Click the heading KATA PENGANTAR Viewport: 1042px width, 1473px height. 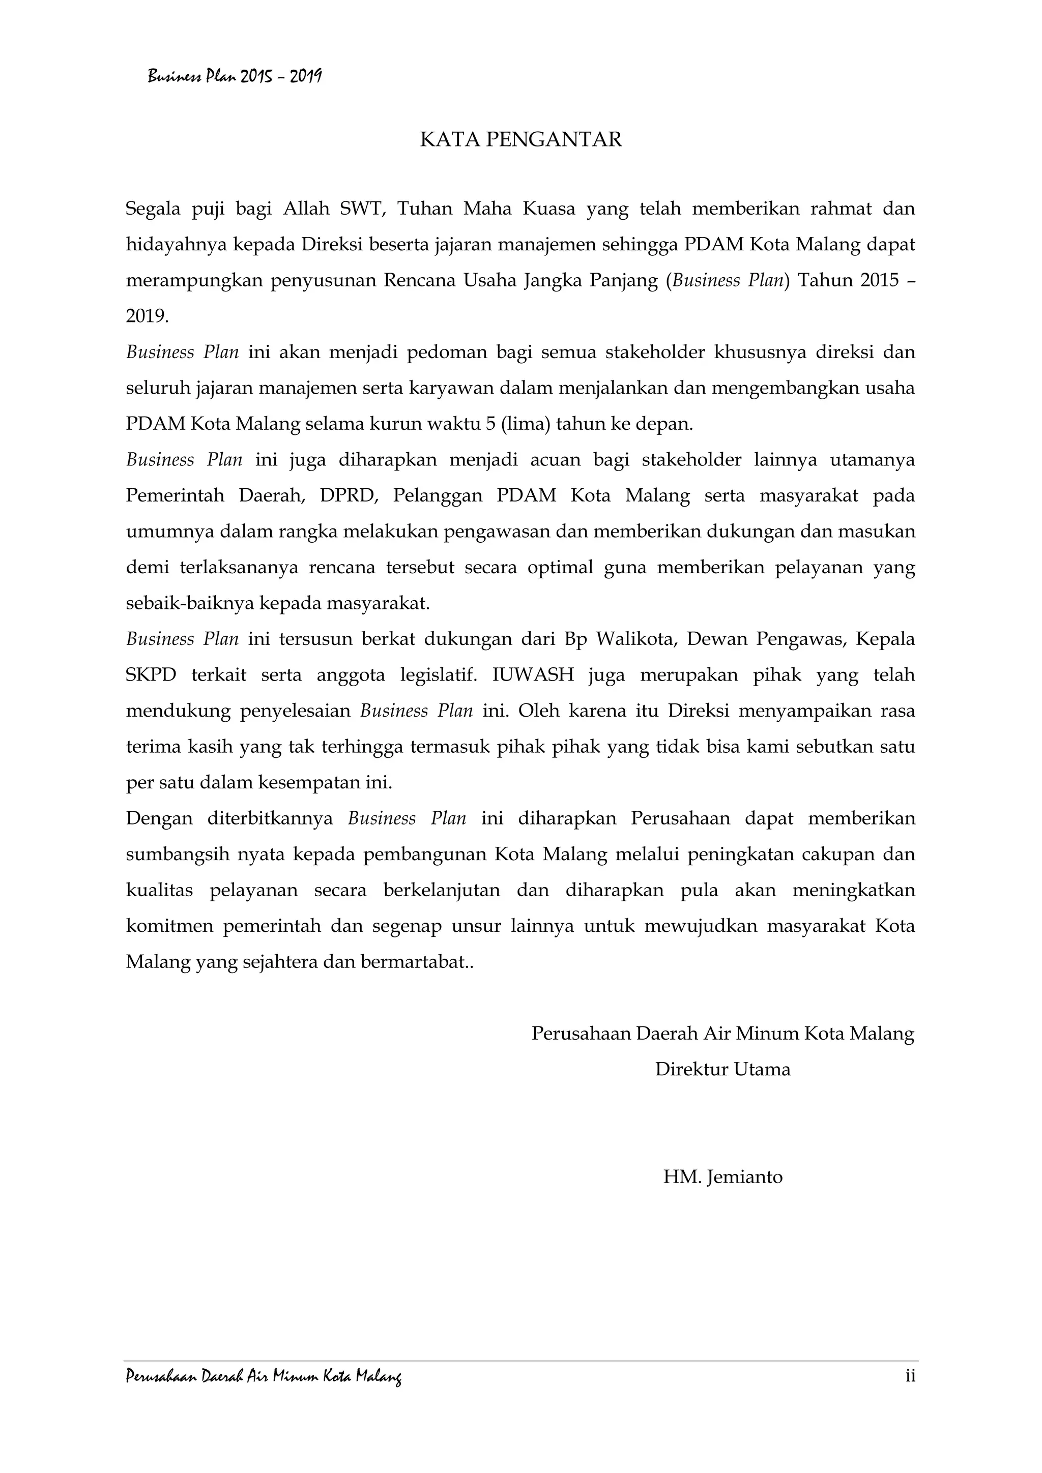pos(520,140)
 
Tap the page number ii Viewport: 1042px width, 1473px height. pos(910,1375)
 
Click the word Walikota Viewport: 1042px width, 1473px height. pos(634,639)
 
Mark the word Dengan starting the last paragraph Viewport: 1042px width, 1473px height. pos(159,818)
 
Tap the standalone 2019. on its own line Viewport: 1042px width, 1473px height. pos(148,317)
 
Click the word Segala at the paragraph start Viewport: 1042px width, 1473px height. pos(154,209)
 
